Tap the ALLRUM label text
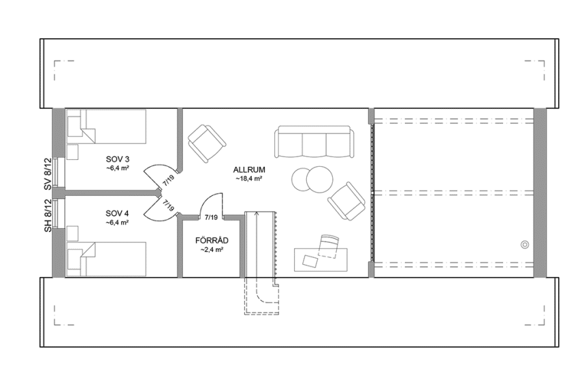[248, 169]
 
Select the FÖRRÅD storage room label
[212, 240]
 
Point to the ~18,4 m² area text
[248, 178]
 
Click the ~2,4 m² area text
[212, 250]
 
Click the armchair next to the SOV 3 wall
[206, 142]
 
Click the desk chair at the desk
[329, 244]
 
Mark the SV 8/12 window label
[48, 175]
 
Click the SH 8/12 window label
[48, 216]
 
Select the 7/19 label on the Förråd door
[211, 218]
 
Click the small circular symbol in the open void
[524, 244]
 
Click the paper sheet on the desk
[310, 259]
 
